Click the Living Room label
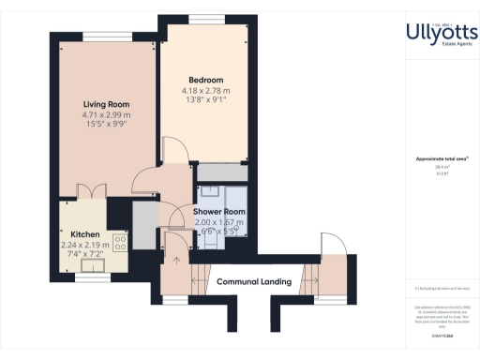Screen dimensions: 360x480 pyautogui.click(x=105, y=104)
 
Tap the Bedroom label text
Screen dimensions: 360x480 pyautogui.click(x=204, y=80)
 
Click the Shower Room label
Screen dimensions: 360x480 pyautogui.click(x=218, y=212)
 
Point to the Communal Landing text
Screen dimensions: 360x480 pyautogui.click(x=253, y=281)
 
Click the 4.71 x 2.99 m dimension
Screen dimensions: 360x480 pyautogui.click(x=105, y=114)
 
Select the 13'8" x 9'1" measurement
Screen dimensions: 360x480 pyautogui.click(x=204, y=101)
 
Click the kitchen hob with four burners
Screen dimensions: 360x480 pyautogui.click(x=120, y=242)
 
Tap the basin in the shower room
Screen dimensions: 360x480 pyautogui.click(x=212, y=190)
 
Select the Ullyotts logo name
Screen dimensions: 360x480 pyautogui.click(x=442, y=33)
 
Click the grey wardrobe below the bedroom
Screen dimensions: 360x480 pyautogui.click(x=221, y=172)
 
